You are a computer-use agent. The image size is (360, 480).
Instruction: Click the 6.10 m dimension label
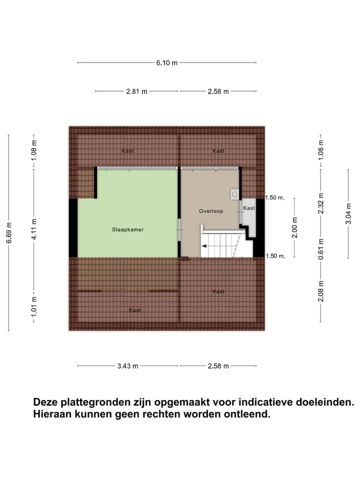tap(167, 63)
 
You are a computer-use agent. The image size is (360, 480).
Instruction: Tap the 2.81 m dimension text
tap(136, 91)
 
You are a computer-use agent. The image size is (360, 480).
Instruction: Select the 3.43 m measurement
tap(127, 366)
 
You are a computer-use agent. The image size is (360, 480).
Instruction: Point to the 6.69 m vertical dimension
tap(9, 233)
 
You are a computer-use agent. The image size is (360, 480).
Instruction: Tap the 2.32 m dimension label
tap(321, 203)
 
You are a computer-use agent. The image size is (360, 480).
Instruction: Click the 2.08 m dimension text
tap(321, 290)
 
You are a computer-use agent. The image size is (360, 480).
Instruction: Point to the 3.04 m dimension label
tap(348, 214)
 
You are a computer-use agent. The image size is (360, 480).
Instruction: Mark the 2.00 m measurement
tap(294, 227)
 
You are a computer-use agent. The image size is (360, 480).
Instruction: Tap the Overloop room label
tap(210, 211)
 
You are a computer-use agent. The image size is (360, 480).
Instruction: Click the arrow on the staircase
tap(204, 246)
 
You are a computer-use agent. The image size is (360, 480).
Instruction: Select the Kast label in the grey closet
tap(248, 208)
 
